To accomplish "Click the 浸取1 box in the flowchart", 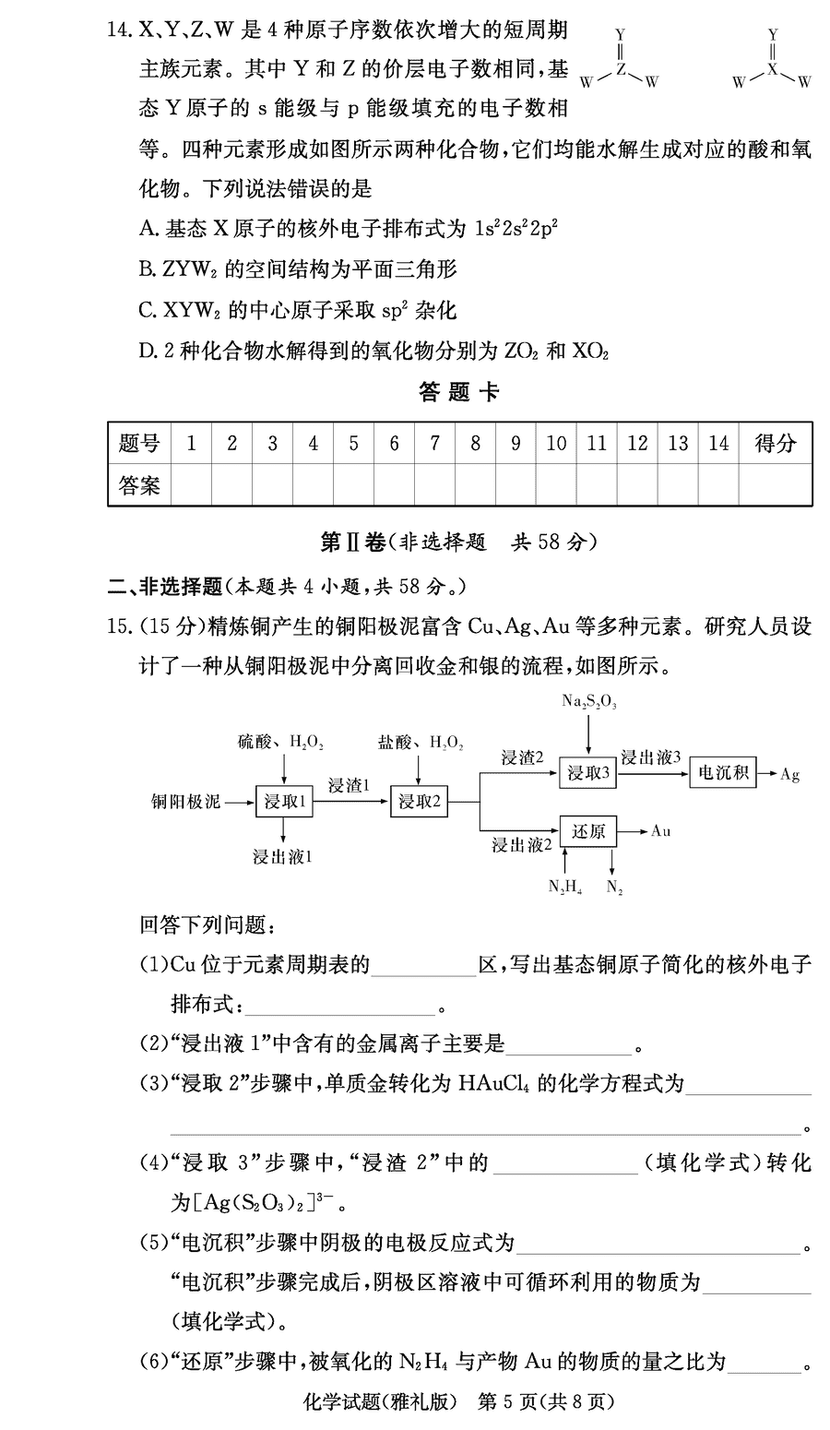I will pos(284,802).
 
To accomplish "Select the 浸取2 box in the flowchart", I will pos(419,802).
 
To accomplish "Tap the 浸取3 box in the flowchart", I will pos(587,773).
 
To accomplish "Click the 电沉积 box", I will pos(722,773).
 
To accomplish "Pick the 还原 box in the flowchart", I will pos(587,831).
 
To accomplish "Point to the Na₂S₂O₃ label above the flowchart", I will pos(589,702).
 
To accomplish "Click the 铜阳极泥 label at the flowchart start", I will pos(186,802).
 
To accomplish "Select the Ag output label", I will pos(789,774).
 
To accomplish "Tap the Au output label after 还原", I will pos(660,831).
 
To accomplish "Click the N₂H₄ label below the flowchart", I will pos(564,887).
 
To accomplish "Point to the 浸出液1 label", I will pos(283,857).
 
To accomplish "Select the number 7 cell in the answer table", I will pos(434,444).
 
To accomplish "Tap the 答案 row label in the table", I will pos(139,485).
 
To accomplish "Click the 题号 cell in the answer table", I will pos(139,444).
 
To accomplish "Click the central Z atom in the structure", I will pos(621,69).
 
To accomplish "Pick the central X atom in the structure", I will pos(773,69).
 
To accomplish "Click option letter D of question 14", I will pos(146,352).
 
